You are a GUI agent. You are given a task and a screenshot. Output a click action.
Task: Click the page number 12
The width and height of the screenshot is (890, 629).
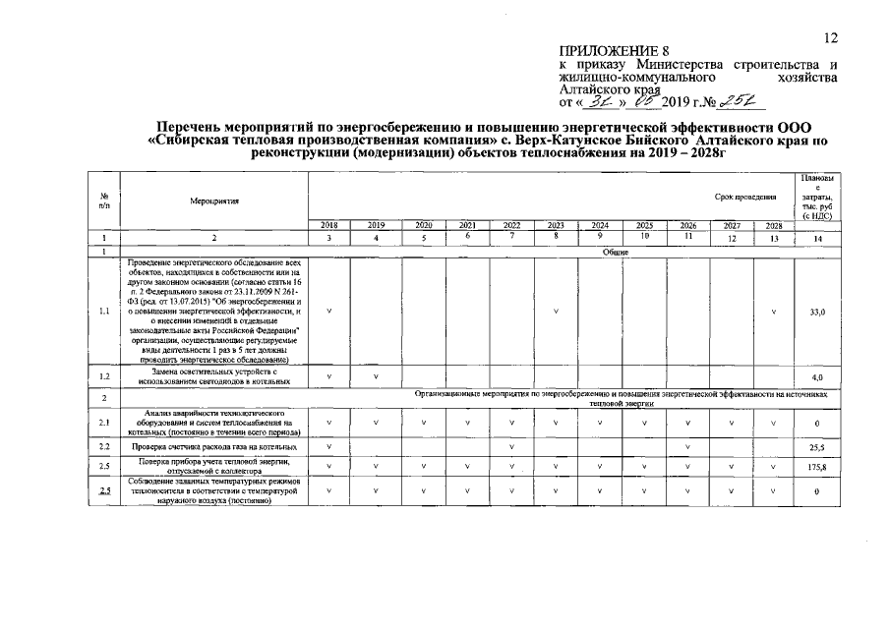(x=831, y=37)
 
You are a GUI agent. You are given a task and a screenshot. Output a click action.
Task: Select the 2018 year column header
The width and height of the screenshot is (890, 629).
(x=328, y=225)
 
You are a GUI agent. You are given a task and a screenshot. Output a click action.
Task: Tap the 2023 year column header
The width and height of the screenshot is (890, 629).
(x=556, y=225)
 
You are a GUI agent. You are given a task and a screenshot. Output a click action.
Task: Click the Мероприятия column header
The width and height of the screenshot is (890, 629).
(x=214, y=200)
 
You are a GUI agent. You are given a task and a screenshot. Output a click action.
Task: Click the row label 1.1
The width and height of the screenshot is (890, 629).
(x=104, y=312)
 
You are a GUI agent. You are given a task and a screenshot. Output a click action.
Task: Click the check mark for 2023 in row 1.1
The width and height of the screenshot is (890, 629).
(x=556, y=312)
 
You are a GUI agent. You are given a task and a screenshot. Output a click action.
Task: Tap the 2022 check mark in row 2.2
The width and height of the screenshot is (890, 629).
(x=511, y=447)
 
